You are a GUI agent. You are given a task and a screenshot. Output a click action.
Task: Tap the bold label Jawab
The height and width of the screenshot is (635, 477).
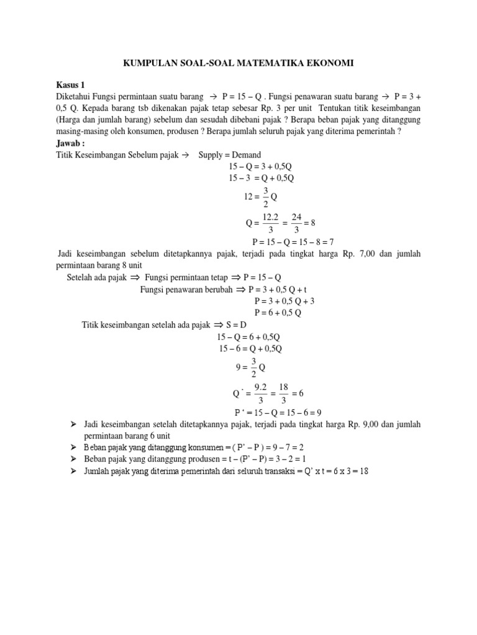[71, 143]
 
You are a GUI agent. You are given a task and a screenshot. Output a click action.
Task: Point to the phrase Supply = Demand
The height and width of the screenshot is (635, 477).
[230, 154]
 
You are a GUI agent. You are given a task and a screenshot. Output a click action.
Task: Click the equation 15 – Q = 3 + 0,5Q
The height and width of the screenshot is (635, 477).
[261, 166]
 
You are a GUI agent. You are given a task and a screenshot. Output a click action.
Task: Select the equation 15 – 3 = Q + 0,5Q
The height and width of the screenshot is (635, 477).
[261, 178]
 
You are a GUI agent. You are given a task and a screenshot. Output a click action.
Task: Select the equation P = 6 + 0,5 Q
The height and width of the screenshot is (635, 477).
[278, 313]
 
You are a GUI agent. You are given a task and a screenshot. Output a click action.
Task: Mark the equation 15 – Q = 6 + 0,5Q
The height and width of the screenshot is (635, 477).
[249, 337]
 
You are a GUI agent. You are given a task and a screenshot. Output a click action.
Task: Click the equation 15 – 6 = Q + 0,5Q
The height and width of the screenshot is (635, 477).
[250, 349]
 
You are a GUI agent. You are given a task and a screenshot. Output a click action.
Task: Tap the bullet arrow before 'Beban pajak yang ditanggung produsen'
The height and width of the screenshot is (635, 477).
[73, 459]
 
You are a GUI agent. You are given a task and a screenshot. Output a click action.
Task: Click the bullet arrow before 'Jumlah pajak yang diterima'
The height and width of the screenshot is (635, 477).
[73, 471]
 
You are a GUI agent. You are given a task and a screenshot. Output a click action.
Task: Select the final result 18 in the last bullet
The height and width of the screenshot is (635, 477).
[364, 471]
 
